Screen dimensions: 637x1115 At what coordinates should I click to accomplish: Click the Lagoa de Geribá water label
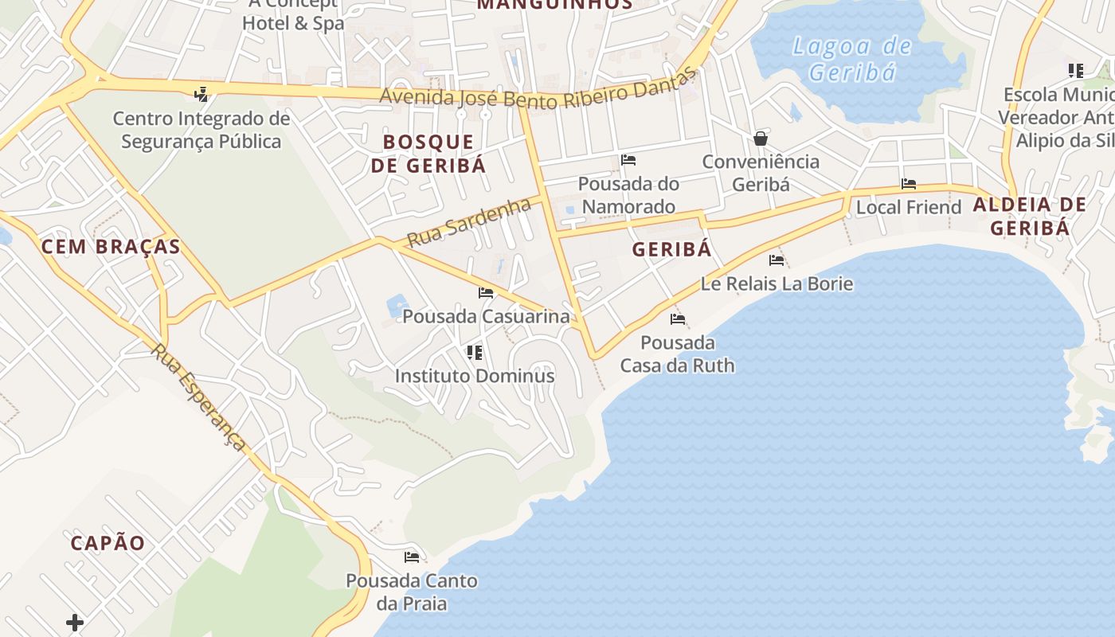pos(851,59)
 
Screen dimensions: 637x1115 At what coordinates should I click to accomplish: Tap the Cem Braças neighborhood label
pos(111,247)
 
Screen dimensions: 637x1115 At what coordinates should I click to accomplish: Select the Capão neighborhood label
pos(108,543)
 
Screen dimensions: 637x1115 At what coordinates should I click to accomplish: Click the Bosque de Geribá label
pos(428,154)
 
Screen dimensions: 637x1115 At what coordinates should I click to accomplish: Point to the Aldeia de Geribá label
pos(1030,217)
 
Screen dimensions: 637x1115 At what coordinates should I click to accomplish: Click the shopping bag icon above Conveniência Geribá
pos(761,139)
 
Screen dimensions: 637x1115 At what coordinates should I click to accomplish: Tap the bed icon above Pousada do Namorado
pos(628,160)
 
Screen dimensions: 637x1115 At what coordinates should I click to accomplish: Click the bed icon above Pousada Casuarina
pos(486,293)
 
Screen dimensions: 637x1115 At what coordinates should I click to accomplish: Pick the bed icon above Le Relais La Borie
pos(777,260)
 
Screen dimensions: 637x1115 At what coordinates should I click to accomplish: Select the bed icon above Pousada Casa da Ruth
pos(678,319)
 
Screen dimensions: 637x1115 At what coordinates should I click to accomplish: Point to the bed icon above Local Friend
pos(909,184)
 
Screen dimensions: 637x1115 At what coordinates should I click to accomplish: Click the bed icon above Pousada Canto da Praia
pos(412,557)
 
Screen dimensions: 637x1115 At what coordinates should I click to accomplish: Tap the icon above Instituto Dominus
pos(475,352)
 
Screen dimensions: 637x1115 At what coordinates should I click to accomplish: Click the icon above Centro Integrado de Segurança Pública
pos(201,94)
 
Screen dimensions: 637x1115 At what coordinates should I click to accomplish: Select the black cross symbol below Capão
pos(75,622)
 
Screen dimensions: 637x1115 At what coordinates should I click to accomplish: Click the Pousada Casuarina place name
pos(486,316)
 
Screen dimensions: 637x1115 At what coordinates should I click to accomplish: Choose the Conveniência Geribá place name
pos(761,173)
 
